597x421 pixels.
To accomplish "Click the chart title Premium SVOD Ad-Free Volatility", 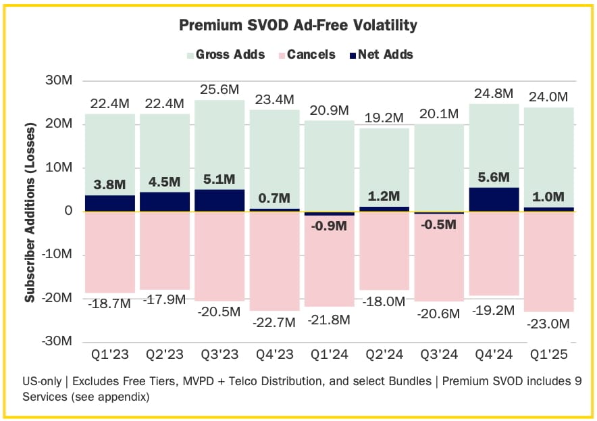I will [298, 26].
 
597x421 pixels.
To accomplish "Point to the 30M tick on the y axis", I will [58, 80].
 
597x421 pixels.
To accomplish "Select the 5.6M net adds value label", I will [494, 178].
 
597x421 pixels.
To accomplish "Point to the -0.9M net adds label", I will [330, 227].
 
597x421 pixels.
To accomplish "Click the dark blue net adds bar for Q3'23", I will [219, 200].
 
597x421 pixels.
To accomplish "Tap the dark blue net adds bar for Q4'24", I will [493, 199].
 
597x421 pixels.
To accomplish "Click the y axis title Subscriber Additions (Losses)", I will [30, 212].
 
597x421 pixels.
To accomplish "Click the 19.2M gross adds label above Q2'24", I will [384, 117].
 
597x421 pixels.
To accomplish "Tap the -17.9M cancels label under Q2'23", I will [164, 299].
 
